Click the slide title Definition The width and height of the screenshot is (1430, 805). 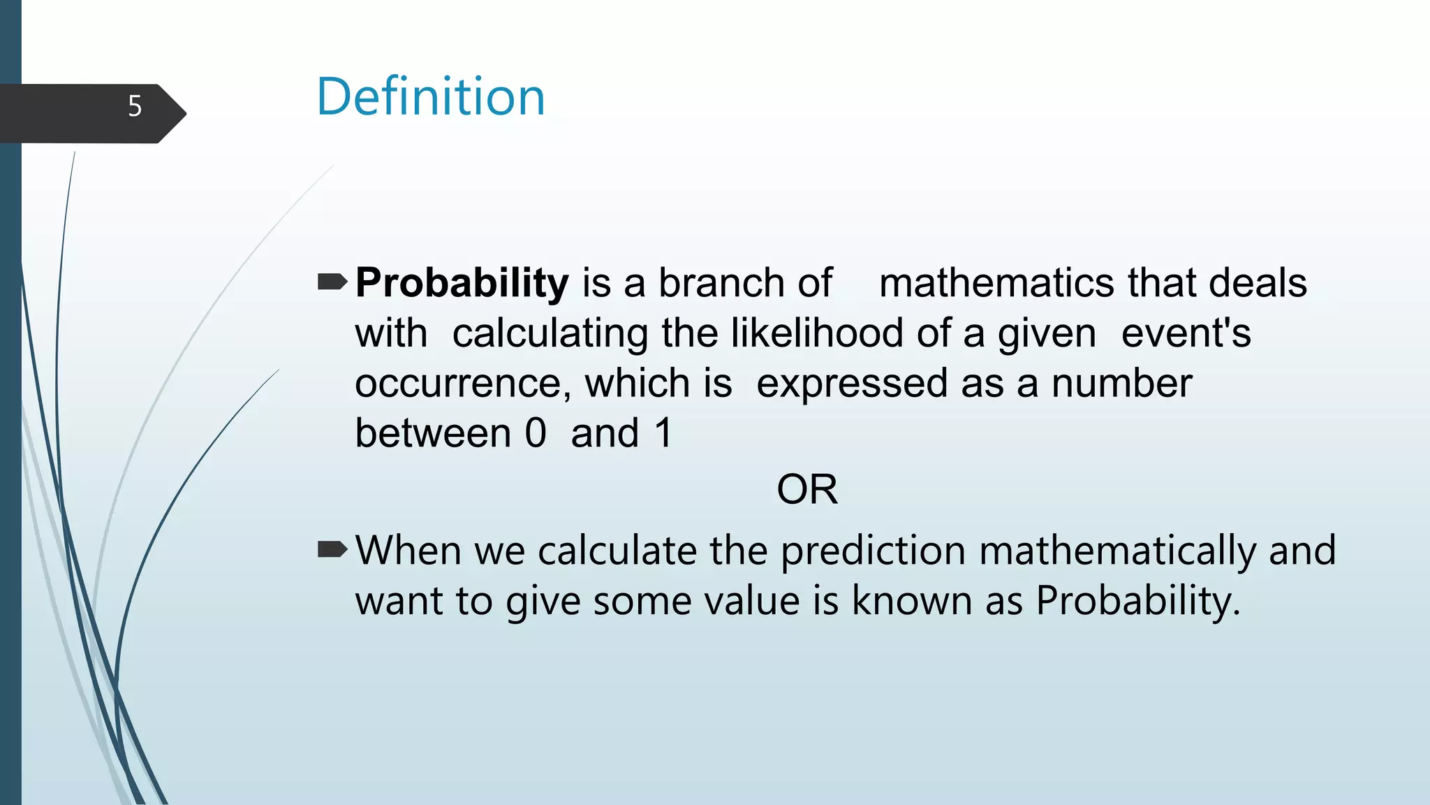click(x=430, y=96)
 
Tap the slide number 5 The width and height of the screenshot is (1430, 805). click(x=135, y=106)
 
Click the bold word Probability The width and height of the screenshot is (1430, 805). click(x=462, y=284)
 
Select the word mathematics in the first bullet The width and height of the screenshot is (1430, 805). click(x=996, y=283)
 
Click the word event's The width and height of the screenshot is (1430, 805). click(x=1186, y=333)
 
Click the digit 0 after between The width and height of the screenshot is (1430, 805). click(x=535, y=433)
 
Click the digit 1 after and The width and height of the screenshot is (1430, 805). click(x=663, y=433)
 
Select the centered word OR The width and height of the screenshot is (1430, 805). click(x=806, y=489)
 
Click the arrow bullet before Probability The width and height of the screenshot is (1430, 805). click(x=332, y=282)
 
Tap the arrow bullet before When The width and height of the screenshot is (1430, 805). click(x=332, y=550)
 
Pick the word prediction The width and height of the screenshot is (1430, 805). click(x=873, y=551)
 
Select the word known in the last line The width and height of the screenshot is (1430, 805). click(x=911, y=600)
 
